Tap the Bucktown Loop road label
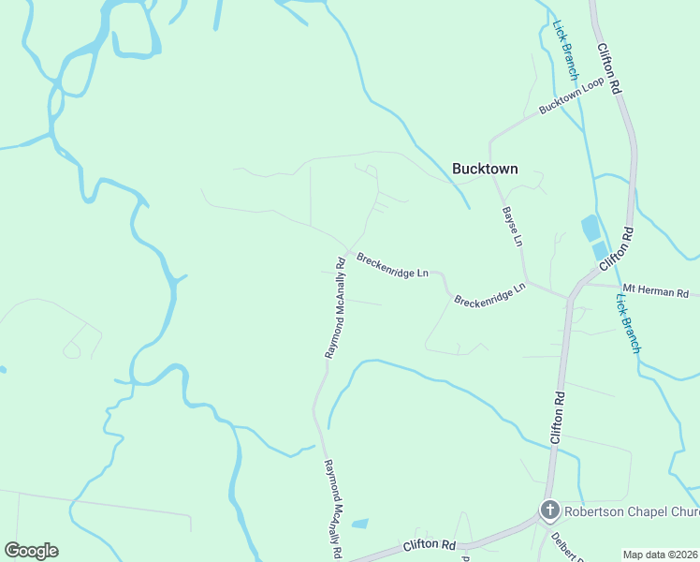pos(571,97)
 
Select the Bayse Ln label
pos(511,226)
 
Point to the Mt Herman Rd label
pos(656,292)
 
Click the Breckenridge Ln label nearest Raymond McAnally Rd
pos(392,265)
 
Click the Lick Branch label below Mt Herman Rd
pos(628,323)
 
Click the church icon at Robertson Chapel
pos(550,510)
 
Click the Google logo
pos(31,551)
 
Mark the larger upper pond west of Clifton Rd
pos(591,228)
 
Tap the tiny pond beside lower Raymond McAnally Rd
pos(360,523)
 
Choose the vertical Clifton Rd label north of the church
pos(558,417)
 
